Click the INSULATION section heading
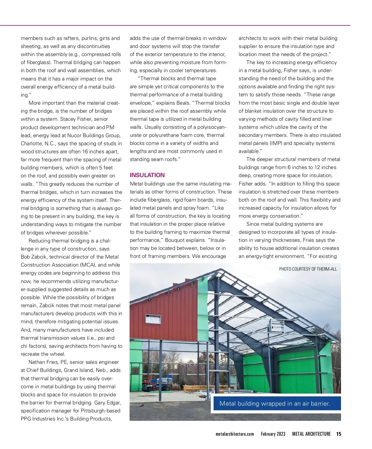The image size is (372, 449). coord(147,175)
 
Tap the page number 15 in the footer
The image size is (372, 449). coord(339,434)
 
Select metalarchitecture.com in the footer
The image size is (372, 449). coord(235,434)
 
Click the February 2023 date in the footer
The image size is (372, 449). coord(273,434)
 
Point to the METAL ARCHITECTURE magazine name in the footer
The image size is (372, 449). coord(311,434)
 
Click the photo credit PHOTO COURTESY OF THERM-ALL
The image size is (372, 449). coord(308,269)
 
